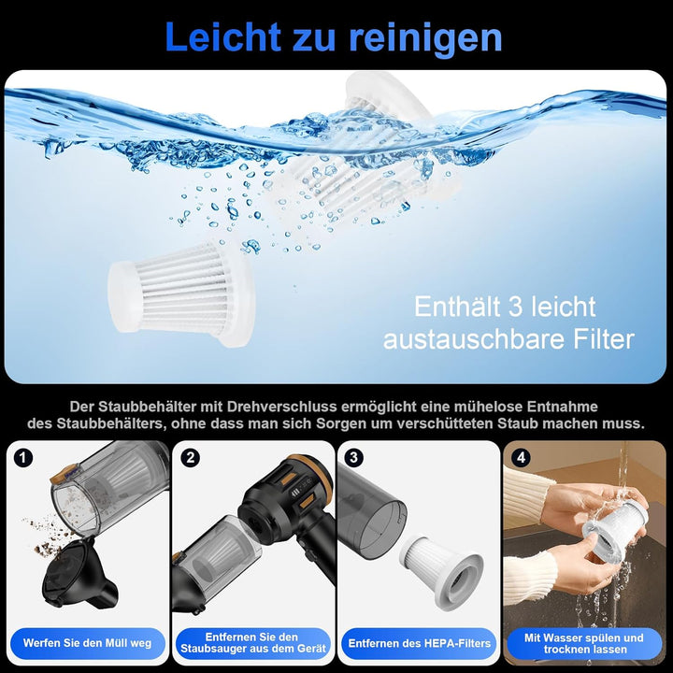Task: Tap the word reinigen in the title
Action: coord(425,36)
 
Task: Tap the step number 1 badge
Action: coord(24,458)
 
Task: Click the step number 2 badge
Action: coord(191,458)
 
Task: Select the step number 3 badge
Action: coord(353,458)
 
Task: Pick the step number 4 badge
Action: coord(521,458)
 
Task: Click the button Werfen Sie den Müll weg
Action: coord(88,643)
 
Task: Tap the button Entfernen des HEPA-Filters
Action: coord(420,643)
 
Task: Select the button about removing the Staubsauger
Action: coord(251,643)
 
